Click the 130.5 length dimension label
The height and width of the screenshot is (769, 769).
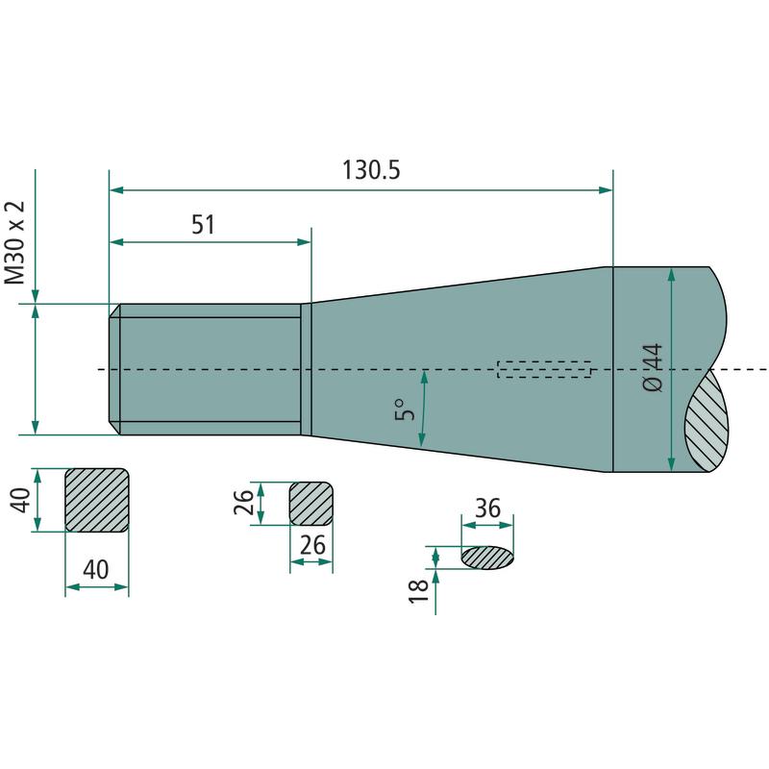(x=371, y=170)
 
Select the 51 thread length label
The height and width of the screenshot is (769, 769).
(x=203, y=225)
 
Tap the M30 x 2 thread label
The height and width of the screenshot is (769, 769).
(x=14, y=242)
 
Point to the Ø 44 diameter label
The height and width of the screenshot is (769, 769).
(x=653, y=367)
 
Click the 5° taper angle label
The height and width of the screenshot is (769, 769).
(x=405, y=409)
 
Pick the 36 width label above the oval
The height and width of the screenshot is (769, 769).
(x=487, y=509)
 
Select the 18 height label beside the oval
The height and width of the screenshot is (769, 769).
(x=419, y=591)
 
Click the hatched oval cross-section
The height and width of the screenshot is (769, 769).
(x=487, y=558)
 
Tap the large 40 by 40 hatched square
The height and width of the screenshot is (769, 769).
(x=97, y=500)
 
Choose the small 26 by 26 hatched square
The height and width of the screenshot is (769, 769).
(x=310, y=504)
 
